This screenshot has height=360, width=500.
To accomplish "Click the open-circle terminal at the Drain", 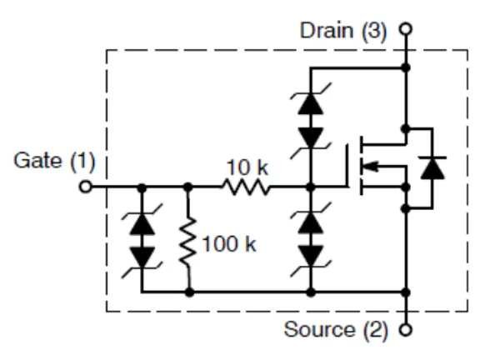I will (x=406, y=30).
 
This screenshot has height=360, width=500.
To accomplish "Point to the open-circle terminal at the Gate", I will (x=84, y=187).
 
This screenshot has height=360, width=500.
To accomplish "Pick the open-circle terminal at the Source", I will (x=406, y=329).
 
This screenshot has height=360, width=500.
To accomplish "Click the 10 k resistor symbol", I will (x=247, y=187).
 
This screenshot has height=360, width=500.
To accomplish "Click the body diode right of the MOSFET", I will (x=431, y=167).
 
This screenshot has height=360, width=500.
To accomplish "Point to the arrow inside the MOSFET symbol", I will (x=379, y=167).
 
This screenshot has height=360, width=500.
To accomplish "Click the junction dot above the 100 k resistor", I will (x=190, y=187).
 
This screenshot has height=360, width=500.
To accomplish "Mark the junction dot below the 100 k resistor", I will (x=190, y=292).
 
